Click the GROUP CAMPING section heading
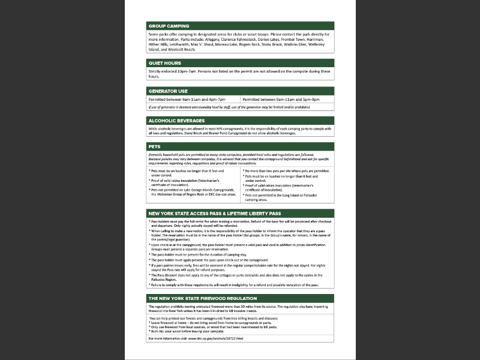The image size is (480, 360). click(x=169, y=26)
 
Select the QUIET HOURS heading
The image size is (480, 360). click(x=164, y=63)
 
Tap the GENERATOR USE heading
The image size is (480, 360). click(x=168, y=91)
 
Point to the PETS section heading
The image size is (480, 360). click(x=154, y=146)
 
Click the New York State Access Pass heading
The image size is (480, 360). click(x=214, y=213)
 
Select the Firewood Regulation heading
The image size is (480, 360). click(x=202, y=298)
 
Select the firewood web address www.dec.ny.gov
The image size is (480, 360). click(x=215, y=338)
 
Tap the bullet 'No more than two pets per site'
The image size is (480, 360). click(x=286, y=170)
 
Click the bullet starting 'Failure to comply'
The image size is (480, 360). click(x=234, y=284)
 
